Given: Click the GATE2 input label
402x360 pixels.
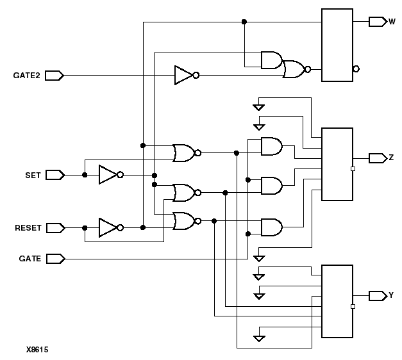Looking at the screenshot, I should [26, 76].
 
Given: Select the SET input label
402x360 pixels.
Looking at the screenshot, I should [33, 174].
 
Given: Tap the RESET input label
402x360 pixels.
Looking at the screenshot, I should [28, 227].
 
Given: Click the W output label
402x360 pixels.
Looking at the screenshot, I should [392, 21].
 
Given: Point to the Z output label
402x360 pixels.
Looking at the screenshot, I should [391, 158].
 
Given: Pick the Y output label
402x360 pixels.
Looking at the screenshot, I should [391, 295].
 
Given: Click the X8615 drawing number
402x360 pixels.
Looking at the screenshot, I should [37, 350].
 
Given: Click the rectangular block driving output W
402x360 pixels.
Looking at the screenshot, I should [337, 45].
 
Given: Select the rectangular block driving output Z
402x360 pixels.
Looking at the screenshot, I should [337, 164].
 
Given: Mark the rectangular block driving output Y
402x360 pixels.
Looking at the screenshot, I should [337, 301].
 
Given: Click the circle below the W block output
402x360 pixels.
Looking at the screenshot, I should [356, 69].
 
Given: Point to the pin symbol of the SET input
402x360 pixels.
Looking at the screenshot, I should [55, 174].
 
